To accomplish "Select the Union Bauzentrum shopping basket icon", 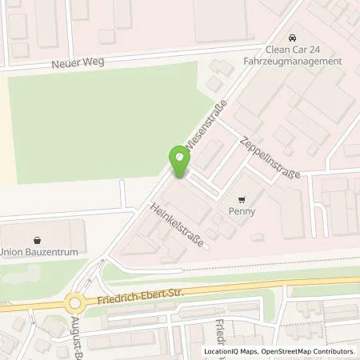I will coord(37,238).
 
